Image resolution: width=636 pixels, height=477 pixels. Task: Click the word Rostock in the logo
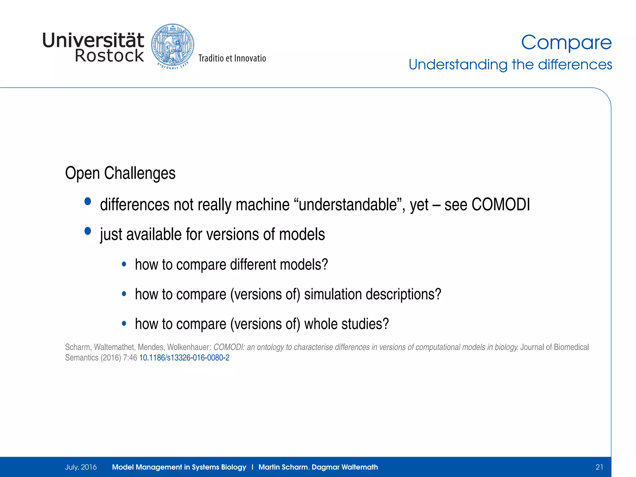[109, 56]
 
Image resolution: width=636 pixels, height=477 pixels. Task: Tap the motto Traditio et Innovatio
[232, 58]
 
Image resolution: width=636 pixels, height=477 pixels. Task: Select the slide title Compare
[566, 43]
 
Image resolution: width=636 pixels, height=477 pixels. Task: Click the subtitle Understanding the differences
[510, 65]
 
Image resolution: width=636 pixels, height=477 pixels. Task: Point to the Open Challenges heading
[120, 173]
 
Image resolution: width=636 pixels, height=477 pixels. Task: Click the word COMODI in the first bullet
[501, 205]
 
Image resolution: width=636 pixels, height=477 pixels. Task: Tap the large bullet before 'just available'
[88, 231]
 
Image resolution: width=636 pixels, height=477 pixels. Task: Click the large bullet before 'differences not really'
[88, 202]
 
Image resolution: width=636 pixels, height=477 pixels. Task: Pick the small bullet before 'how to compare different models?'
[124, 265]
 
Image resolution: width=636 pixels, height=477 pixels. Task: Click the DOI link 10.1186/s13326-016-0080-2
[184, 358]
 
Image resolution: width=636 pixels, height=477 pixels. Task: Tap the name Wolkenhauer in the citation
[189, 347]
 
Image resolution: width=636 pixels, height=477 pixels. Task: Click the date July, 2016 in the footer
[81, 467]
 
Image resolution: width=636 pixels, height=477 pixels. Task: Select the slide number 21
[599, 467]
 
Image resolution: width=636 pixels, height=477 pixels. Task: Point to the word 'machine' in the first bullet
[262, 205]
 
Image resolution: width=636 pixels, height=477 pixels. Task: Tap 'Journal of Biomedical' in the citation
[554, 347]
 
